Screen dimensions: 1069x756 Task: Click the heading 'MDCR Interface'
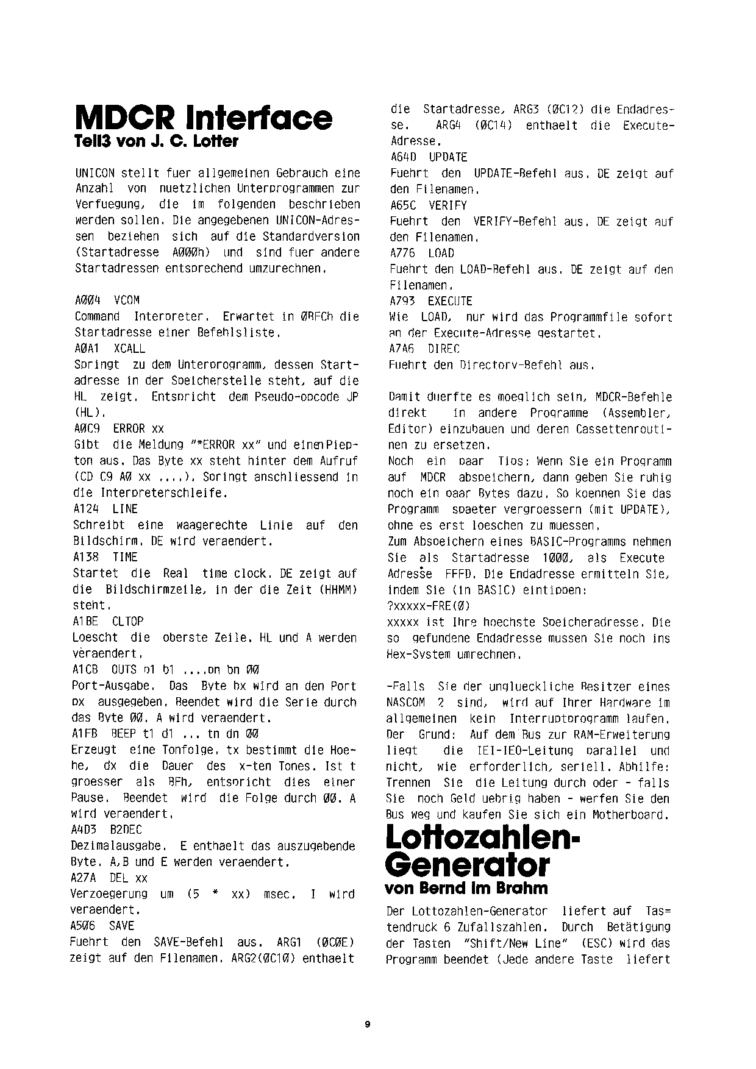coord(203,118)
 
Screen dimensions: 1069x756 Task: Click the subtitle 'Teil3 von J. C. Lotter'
coord(155,141)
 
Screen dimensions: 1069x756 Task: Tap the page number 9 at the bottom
coord(367,1024)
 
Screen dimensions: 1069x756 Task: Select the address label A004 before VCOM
coord(88,300)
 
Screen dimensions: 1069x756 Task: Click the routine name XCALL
coord(129,349)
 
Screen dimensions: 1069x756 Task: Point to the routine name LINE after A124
coord(125,509)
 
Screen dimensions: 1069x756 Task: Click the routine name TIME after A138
coord(125,557)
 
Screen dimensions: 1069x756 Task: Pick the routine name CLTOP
coord(127,621)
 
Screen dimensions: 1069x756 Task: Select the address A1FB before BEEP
coord(85,734)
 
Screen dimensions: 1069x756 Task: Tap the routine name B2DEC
coord(126,829)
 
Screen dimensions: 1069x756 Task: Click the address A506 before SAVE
coord(83,925)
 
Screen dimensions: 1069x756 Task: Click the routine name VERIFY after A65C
coord(448,205)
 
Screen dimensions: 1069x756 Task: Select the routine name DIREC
coord(444,349)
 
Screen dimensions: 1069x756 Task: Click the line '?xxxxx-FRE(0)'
coord(429,606)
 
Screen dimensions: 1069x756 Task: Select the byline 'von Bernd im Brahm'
coord(466,888)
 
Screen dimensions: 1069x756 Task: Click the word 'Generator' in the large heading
coord(468,865)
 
